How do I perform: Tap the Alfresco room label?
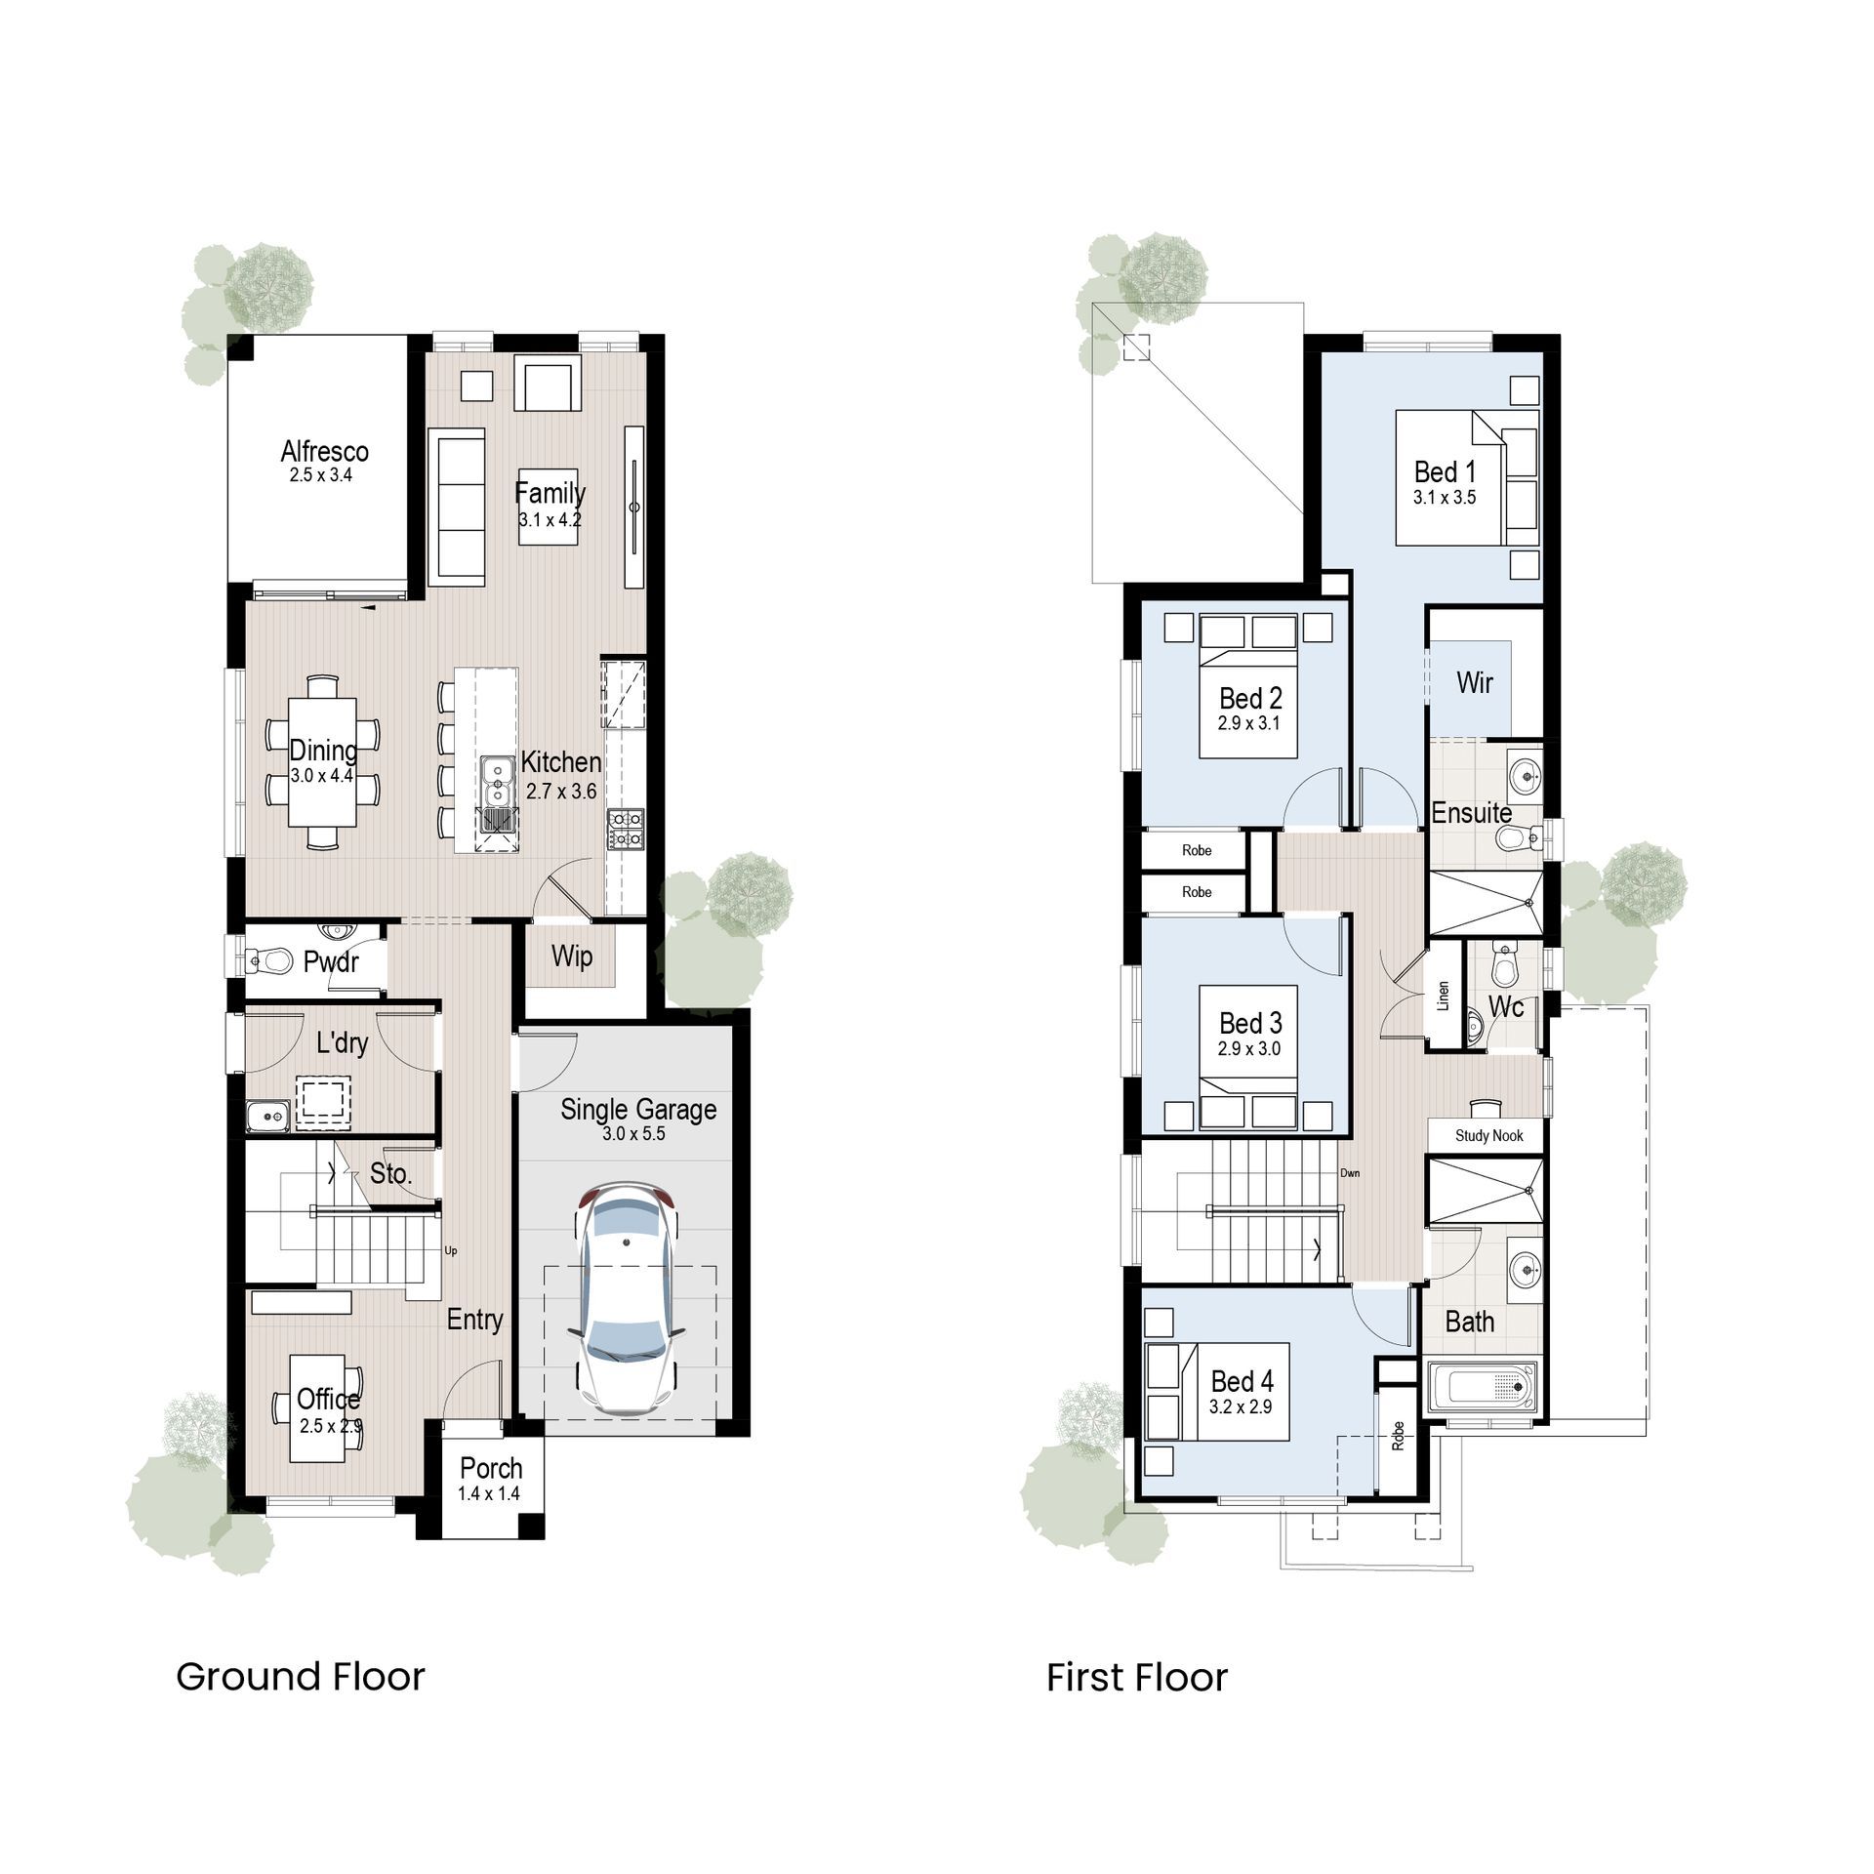pyautogui.click(x=324, y=451)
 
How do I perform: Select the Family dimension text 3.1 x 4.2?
pyautogui.click(x=550, y=520)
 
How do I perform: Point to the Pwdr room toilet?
pyautogui.click(x=270, y=961)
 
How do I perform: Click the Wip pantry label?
pyautogui.click(x=571, y=956)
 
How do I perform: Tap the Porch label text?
pyautogui.click(x=491, y=1468)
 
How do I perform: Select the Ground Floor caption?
pyautogui.click(x=301, y=1677)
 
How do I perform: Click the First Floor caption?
pyautogui.click(x=1137, y=1678)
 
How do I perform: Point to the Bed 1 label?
pyautogui.click(x=1445, y=472)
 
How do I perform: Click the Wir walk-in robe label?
pyautogui.click(x=1474, y=682)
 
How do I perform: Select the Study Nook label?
pyautogui.click(x=1488, y=1135)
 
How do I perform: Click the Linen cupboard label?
pyautogui.click(x=1444, y=995)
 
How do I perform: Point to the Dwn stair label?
pyautogui.click(x=1350, y=1173)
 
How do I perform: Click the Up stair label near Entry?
pyautogui.click(x=451, y=1250)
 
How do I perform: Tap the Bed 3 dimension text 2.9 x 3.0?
pyautogui.click(x=1249, y=1048)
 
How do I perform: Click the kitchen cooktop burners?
pyautogui.click(x=625, y=829)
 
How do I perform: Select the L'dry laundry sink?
pyautogui.click(x=265, y=1114)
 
